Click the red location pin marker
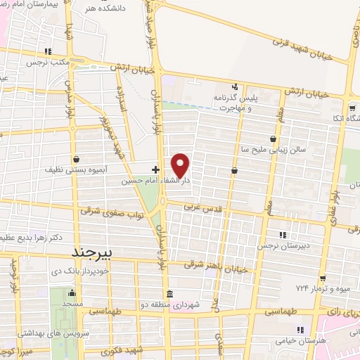[x=181, y=165]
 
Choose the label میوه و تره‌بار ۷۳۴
[x=321, y=290]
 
